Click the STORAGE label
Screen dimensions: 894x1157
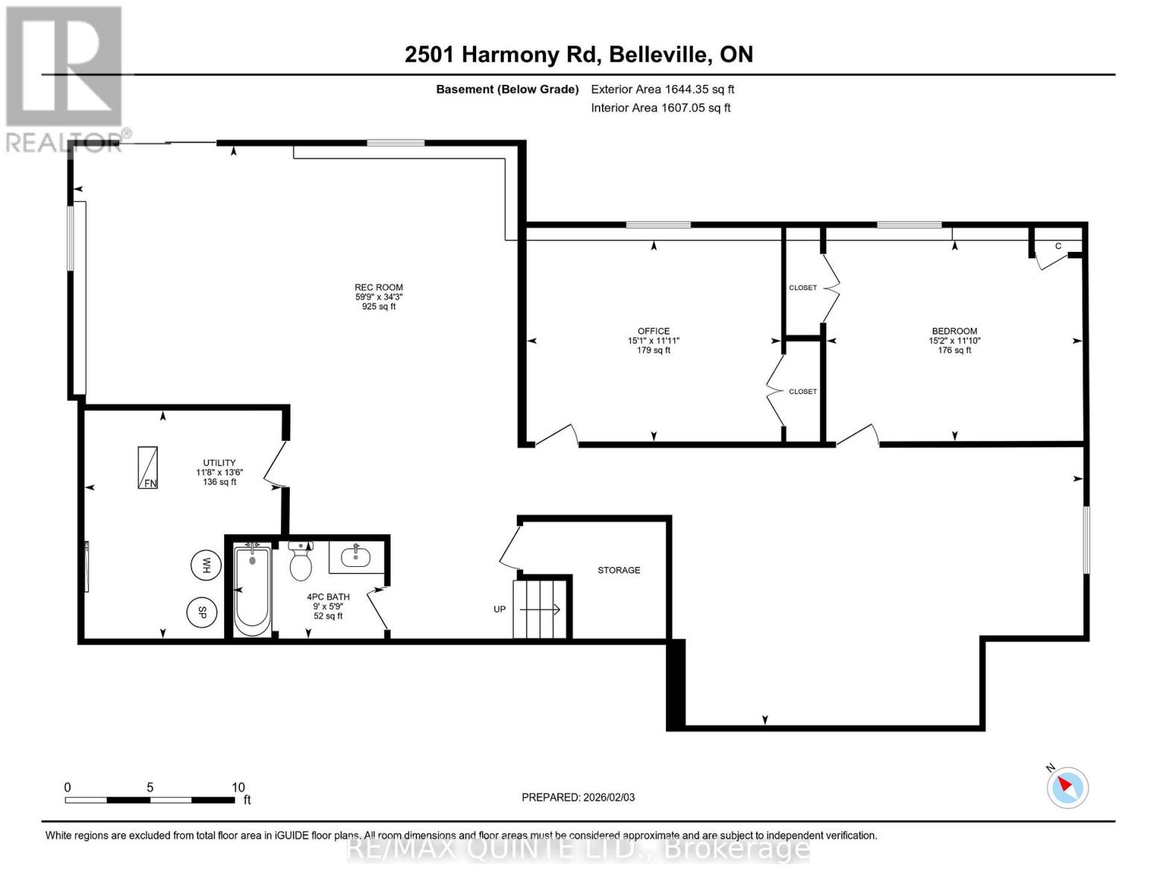pos(618,570)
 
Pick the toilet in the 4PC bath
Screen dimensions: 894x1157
pos(300,563)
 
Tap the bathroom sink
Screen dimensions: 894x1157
pos(356,555)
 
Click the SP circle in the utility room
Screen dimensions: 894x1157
pos(201,612)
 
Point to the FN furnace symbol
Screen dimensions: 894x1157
pos(148,468)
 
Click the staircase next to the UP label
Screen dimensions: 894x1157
pos(541,609)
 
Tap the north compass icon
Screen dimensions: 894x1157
pos(1068,787)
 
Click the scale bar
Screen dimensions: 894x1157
pos(150,800)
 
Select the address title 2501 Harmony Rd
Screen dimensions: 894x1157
pos(579,54)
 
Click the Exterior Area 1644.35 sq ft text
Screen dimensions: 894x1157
pos(662,89)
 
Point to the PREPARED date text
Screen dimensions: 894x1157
pos(578,797)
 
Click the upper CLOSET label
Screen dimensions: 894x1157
pos(802,288)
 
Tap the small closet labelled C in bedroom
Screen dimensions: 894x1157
pos(1057,247)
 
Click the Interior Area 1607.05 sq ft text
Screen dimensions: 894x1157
pos(661,108)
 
